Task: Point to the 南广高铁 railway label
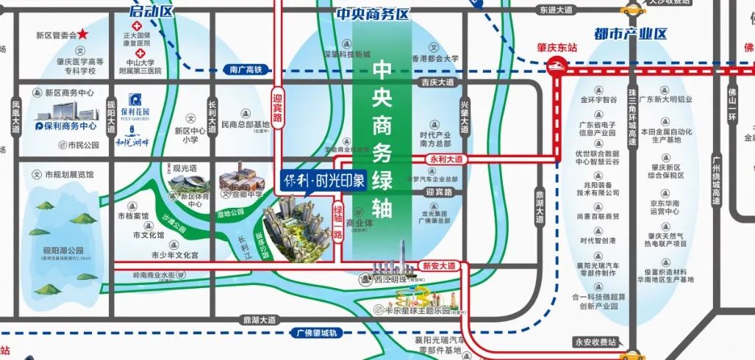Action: (243, 70)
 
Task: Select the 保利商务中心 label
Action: (68, 126)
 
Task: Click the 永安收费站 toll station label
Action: (595, 342)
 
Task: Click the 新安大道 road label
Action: (440, 264)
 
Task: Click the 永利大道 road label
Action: (448, 158)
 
